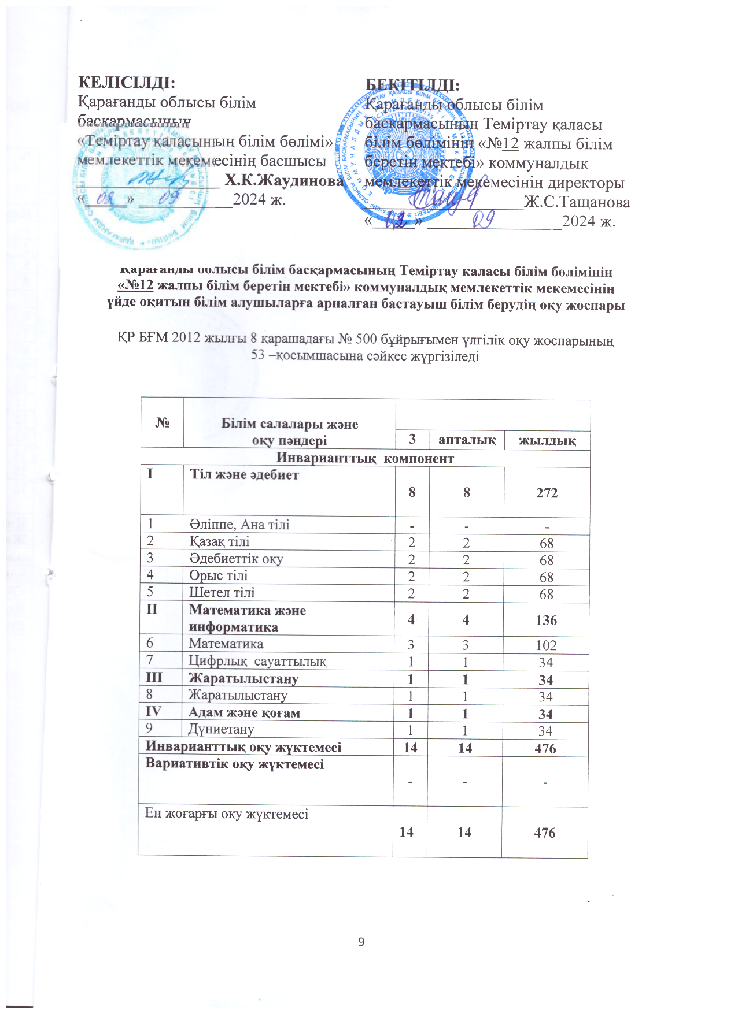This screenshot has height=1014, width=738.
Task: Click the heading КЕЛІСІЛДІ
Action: click(127, 82)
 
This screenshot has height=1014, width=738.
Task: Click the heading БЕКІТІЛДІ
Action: click(412, 85)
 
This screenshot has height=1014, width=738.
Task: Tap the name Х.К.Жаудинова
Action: click(284, 180)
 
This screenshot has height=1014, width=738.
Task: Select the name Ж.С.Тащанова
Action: click(577, 203)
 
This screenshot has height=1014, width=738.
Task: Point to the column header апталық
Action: click(467, 440)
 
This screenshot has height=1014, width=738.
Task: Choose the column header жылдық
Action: click(547, 441)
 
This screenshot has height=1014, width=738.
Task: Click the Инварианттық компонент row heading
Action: click(365, 458)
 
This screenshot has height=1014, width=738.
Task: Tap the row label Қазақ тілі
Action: click(219, 541)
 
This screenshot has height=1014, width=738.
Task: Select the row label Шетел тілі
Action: click(222, 592)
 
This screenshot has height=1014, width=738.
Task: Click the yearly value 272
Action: click(547, 493)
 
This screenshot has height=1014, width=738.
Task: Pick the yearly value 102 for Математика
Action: click(546, 645)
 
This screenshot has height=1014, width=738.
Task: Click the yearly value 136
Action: click(546, 620)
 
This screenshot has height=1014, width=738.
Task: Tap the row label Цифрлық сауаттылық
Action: click(257, 662)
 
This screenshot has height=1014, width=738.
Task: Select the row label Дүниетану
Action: click(221, 729)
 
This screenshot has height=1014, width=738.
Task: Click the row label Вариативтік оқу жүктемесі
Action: click(234, 764)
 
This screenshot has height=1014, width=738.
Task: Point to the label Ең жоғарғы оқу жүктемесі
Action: click(226, 814)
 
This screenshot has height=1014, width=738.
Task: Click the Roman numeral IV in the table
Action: click(153, 711)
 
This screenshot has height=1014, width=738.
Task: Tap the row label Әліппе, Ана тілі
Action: click(239, 525)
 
